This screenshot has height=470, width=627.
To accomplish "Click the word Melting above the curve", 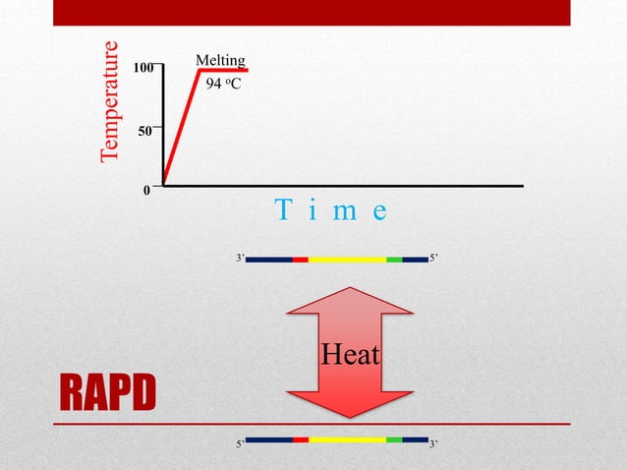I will coord(220,61).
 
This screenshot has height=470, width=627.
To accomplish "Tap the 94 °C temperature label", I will coord(223,86).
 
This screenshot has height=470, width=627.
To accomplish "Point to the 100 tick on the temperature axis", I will coord(143,68).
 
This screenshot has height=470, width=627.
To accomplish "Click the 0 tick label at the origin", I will coord(147,192).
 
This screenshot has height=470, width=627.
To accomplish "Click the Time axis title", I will coord(331,210).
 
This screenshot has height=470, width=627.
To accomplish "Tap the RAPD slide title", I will coord(107,394).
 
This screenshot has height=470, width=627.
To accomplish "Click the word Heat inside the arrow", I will coord(351,354).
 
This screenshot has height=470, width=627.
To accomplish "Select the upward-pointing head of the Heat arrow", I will coord(350,300).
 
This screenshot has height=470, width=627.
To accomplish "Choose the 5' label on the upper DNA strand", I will coord(434,259).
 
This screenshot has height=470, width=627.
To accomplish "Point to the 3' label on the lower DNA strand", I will coord(434,444).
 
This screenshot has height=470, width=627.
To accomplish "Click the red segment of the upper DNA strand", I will coord(301,260).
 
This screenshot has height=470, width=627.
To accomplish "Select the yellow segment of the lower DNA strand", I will coord(347,440).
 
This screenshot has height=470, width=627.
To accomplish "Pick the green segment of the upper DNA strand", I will coord(394,260).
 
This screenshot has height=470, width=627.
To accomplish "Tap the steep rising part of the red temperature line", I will coord(182,127).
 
